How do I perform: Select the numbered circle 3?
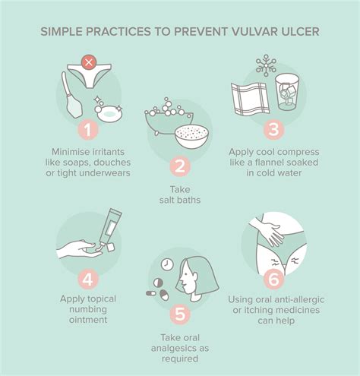click(x=272, y=131)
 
